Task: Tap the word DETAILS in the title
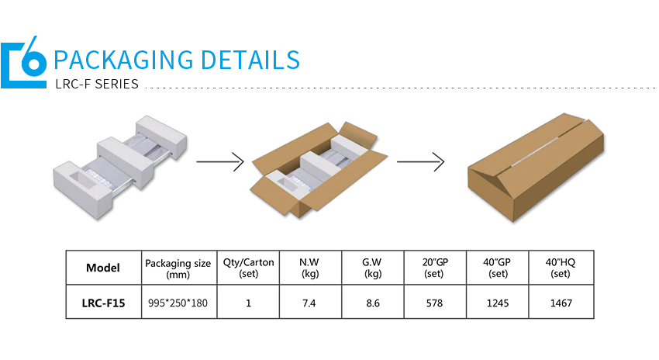[250, 60]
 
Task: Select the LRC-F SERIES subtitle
[97, 84]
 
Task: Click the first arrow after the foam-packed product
[220, 162]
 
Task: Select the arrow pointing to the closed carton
[420, 162]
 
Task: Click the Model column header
[103, 268]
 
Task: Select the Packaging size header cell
[178, 268]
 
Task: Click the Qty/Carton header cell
[248, 268]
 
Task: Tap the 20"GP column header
[434, 268]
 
